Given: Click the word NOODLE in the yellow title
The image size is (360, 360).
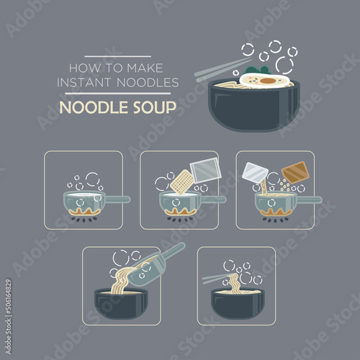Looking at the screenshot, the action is pyautogui.click(x=94, y=107).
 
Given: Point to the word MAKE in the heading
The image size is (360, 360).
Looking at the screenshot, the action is pyautogui.click(x=145, y=68).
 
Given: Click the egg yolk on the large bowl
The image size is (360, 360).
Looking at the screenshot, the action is pyautogui.click(x=268, y=81).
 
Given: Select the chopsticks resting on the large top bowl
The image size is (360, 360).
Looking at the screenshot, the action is pyautogui.click(x=223, y=67).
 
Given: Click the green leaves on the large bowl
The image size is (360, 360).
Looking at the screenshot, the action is pyautogui.click(x=257, y=70).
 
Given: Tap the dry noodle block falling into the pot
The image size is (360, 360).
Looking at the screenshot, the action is pyautogui.click(x=182, y=181).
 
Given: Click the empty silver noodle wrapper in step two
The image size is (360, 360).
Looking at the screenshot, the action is pyautogui.click(x=205, y=171).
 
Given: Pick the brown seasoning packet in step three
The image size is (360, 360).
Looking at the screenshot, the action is pyautogui.click(x=295, y=173).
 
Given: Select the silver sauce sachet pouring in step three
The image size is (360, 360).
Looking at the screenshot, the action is pyautogui.click(x=255, y=173).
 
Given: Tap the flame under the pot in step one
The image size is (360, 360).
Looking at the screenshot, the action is pyautogui.click(x=84, y=211).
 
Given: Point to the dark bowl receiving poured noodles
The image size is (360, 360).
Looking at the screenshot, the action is pyautogui.click(x=121, y=304).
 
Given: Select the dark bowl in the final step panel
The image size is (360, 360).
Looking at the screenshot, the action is pyautogui.click(x=238, y=304).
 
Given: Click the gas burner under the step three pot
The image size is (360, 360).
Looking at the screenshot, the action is pyautogui.click(x=276, y=220).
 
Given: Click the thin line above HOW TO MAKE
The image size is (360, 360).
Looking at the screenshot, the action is pyautogui.click(x=117, y=57).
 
